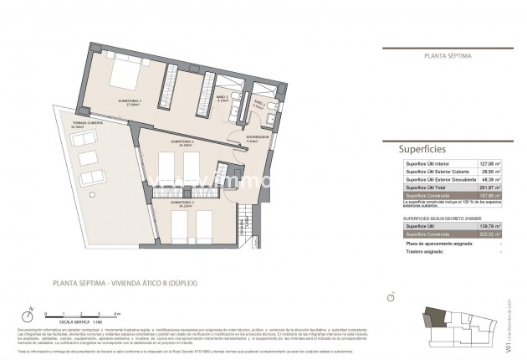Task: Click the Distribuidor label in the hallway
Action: [256, 137]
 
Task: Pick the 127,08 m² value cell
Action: [489, 164]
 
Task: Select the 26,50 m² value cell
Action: [489, 172]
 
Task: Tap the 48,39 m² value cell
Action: [489, 181]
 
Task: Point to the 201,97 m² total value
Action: [489, 188]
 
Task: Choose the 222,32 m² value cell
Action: [489, 234]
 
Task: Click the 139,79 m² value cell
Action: [489, 226]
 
